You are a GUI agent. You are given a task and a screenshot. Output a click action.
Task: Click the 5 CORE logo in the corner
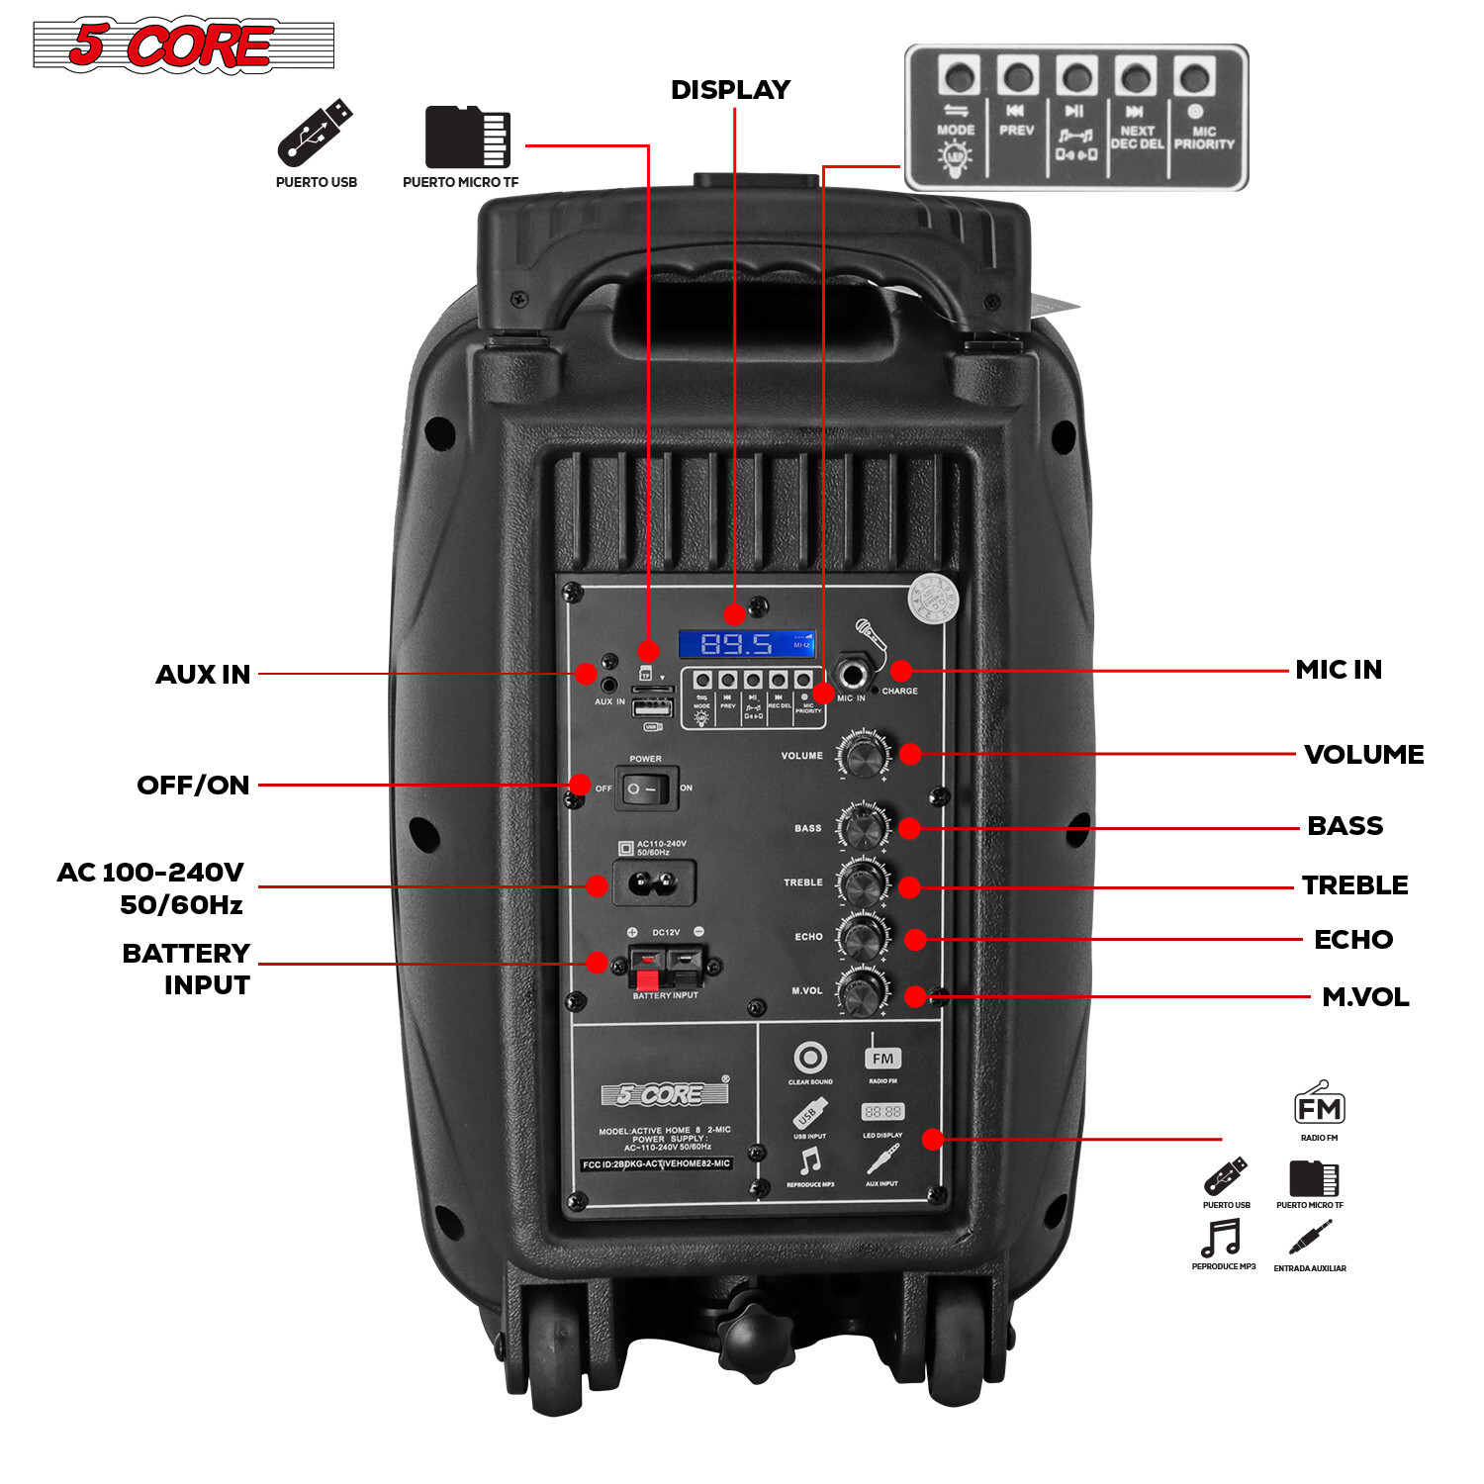pos(183,46)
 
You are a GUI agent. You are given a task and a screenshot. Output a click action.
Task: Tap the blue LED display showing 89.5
pos(747,644)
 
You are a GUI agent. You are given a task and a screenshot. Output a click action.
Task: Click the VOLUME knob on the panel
pos(864,757)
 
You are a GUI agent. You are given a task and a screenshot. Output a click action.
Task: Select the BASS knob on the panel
pos(864,827)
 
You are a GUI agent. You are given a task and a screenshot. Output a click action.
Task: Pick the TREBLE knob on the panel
pos(864,881)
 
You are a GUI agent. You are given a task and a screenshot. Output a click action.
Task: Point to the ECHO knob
pos(864,936)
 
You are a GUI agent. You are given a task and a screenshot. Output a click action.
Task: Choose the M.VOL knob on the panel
pos(864,990)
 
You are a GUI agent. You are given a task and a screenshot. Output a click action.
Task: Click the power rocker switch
pos(645,789)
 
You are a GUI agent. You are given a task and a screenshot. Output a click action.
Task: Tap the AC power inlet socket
pos(653,881)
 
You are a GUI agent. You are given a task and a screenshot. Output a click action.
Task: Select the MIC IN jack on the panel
pos(852,676)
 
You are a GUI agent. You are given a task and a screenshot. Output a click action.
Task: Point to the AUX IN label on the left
pos(203,675)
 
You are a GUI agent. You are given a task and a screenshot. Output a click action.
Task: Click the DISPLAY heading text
pos(730,90)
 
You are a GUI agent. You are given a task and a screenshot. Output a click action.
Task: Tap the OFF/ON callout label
pos(193,786)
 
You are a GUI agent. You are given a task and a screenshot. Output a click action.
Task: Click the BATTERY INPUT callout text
pos(187,969)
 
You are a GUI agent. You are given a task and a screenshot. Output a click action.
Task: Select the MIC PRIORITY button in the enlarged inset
pos(1195,77)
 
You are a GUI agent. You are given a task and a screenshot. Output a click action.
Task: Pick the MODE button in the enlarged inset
pos(959,77)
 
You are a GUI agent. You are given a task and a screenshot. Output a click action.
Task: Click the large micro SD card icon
pos(467,137)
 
